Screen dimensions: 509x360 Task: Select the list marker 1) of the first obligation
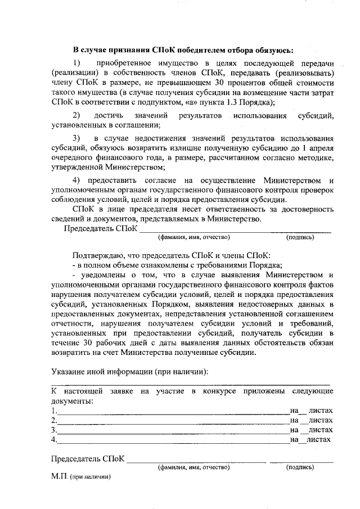click(78, 62)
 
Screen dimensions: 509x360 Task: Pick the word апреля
click(319, 147)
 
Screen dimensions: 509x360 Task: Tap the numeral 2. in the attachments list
click(53, 420)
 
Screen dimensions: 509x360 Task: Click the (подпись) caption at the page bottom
click(300, 467)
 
